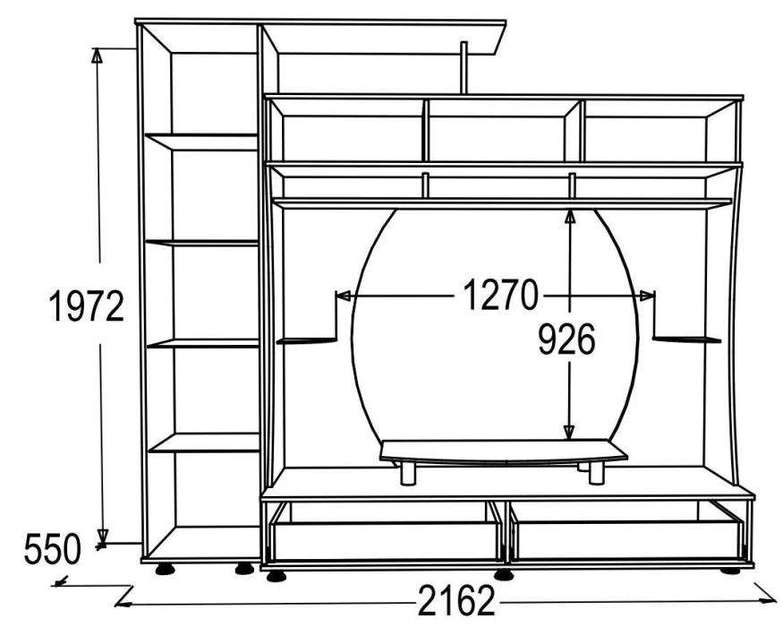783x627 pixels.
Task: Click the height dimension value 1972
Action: (x=87, y=306)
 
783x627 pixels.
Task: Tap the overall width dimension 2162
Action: (x=455, y=600)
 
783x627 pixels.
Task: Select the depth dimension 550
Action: (x=52, y=549)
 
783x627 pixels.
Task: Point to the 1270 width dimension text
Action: (x=501, y=295)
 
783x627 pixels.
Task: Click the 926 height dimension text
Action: (x=566, y=339)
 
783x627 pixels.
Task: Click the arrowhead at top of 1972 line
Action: (x=97, y=55)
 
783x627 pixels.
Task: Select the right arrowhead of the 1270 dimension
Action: (x=647, y=296)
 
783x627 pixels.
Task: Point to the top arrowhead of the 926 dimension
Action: (x=570, y=216)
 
